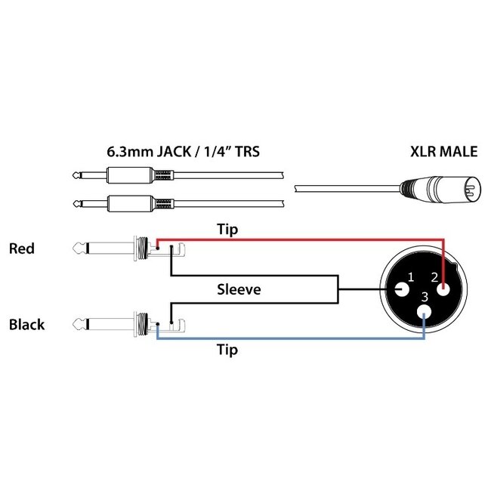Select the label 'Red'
pos(21,248)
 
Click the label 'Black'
pos(26,325)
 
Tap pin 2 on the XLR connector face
pos(443,289)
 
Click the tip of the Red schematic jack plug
pos(78,248)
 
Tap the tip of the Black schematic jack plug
pos(78,326)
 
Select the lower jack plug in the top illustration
pos(121,202)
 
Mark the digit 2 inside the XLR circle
pos(435,277)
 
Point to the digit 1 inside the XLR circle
pos(411,277)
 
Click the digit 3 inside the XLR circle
pos(425,297)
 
